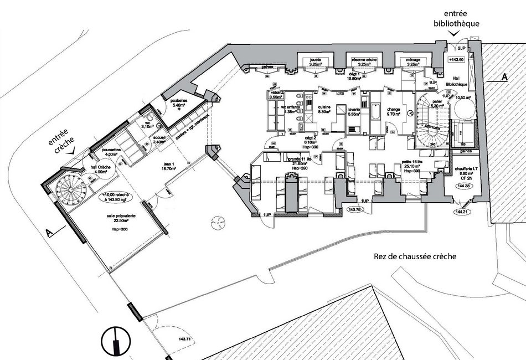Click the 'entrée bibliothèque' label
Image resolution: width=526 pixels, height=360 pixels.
pos(457,19)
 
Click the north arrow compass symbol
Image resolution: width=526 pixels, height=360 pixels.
pos(115,340)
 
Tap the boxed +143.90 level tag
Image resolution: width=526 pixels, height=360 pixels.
pos(456,59)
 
